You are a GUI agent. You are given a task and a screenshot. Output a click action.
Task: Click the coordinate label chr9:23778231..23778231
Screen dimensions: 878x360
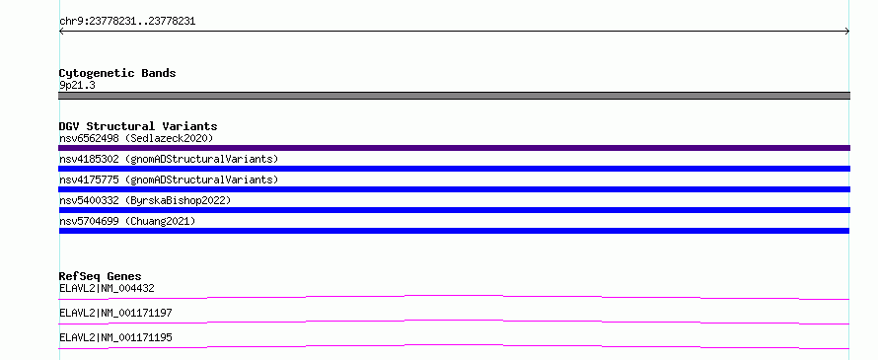tap(127, 22)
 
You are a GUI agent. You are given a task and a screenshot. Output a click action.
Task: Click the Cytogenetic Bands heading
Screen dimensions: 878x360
tap(117, 73)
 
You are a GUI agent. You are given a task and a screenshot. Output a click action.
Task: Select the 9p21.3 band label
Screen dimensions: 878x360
tap(77, 85)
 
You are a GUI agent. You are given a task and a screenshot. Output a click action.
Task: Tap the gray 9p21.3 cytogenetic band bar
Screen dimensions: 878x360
tap(454, 96)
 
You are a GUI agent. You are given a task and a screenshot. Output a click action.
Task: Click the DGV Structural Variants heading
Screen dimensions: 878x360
tap(138, 126)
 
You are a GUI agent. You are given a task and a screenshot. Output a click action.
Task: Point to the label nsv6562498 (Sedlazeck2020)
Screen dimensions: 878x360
tap(136, 138)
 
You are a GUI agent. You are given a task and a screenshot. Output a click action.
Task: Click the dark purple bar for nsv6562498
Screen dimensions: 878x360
tap(454, 148)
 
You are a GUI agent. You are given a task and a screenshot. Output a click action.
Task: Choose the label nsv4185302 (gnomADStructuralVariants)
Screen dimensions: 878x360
tap(169, 159)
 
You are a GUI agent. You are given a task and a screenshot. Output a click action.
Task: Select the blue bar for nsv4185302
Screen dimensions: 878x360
tap(454, 169)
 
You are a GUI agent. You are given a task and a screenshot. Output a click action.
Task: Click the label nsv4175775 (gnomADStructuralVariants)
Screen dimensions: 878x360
tap(169, 180)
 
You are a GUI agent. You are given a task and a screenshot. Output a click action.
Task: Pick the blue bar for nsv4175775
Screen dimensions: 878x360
tap(454, 189)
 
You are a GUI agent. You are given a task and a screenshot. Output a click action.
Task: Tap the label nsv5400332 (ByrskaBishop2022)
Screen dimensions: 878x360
tap(145, 200)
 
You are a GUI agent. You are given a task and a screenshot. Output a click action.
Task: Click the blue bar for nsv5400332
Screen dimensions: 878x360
tap(454, 210)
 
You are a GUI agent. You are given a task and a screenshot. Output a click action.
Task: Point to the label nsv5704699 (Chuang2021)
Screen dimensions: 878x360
tap(127, 221)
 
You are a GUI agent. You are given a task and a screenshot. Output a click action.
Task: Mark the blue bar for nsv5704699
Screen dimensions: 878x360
tap(454, 231)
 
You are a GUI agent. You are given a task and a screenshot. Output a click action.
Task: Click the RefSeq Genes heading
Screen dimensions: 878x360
tap(101, 276)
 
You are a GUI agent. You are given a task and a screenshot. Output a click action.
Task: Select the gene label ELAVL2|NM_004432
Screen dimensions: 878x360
tap(107, 288)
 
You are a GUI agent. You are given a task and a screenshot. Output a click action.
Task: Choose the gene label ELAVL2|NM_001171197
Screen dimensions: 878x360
tap(115, 313)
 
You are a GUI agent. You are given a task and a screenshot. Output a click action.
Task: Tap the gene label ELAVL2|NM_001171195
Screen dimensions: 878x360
tap(115, 337)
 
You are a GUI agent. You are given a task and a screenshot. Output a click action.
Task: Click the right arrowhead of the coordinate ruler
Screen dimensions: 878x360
tap(848, 32)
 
